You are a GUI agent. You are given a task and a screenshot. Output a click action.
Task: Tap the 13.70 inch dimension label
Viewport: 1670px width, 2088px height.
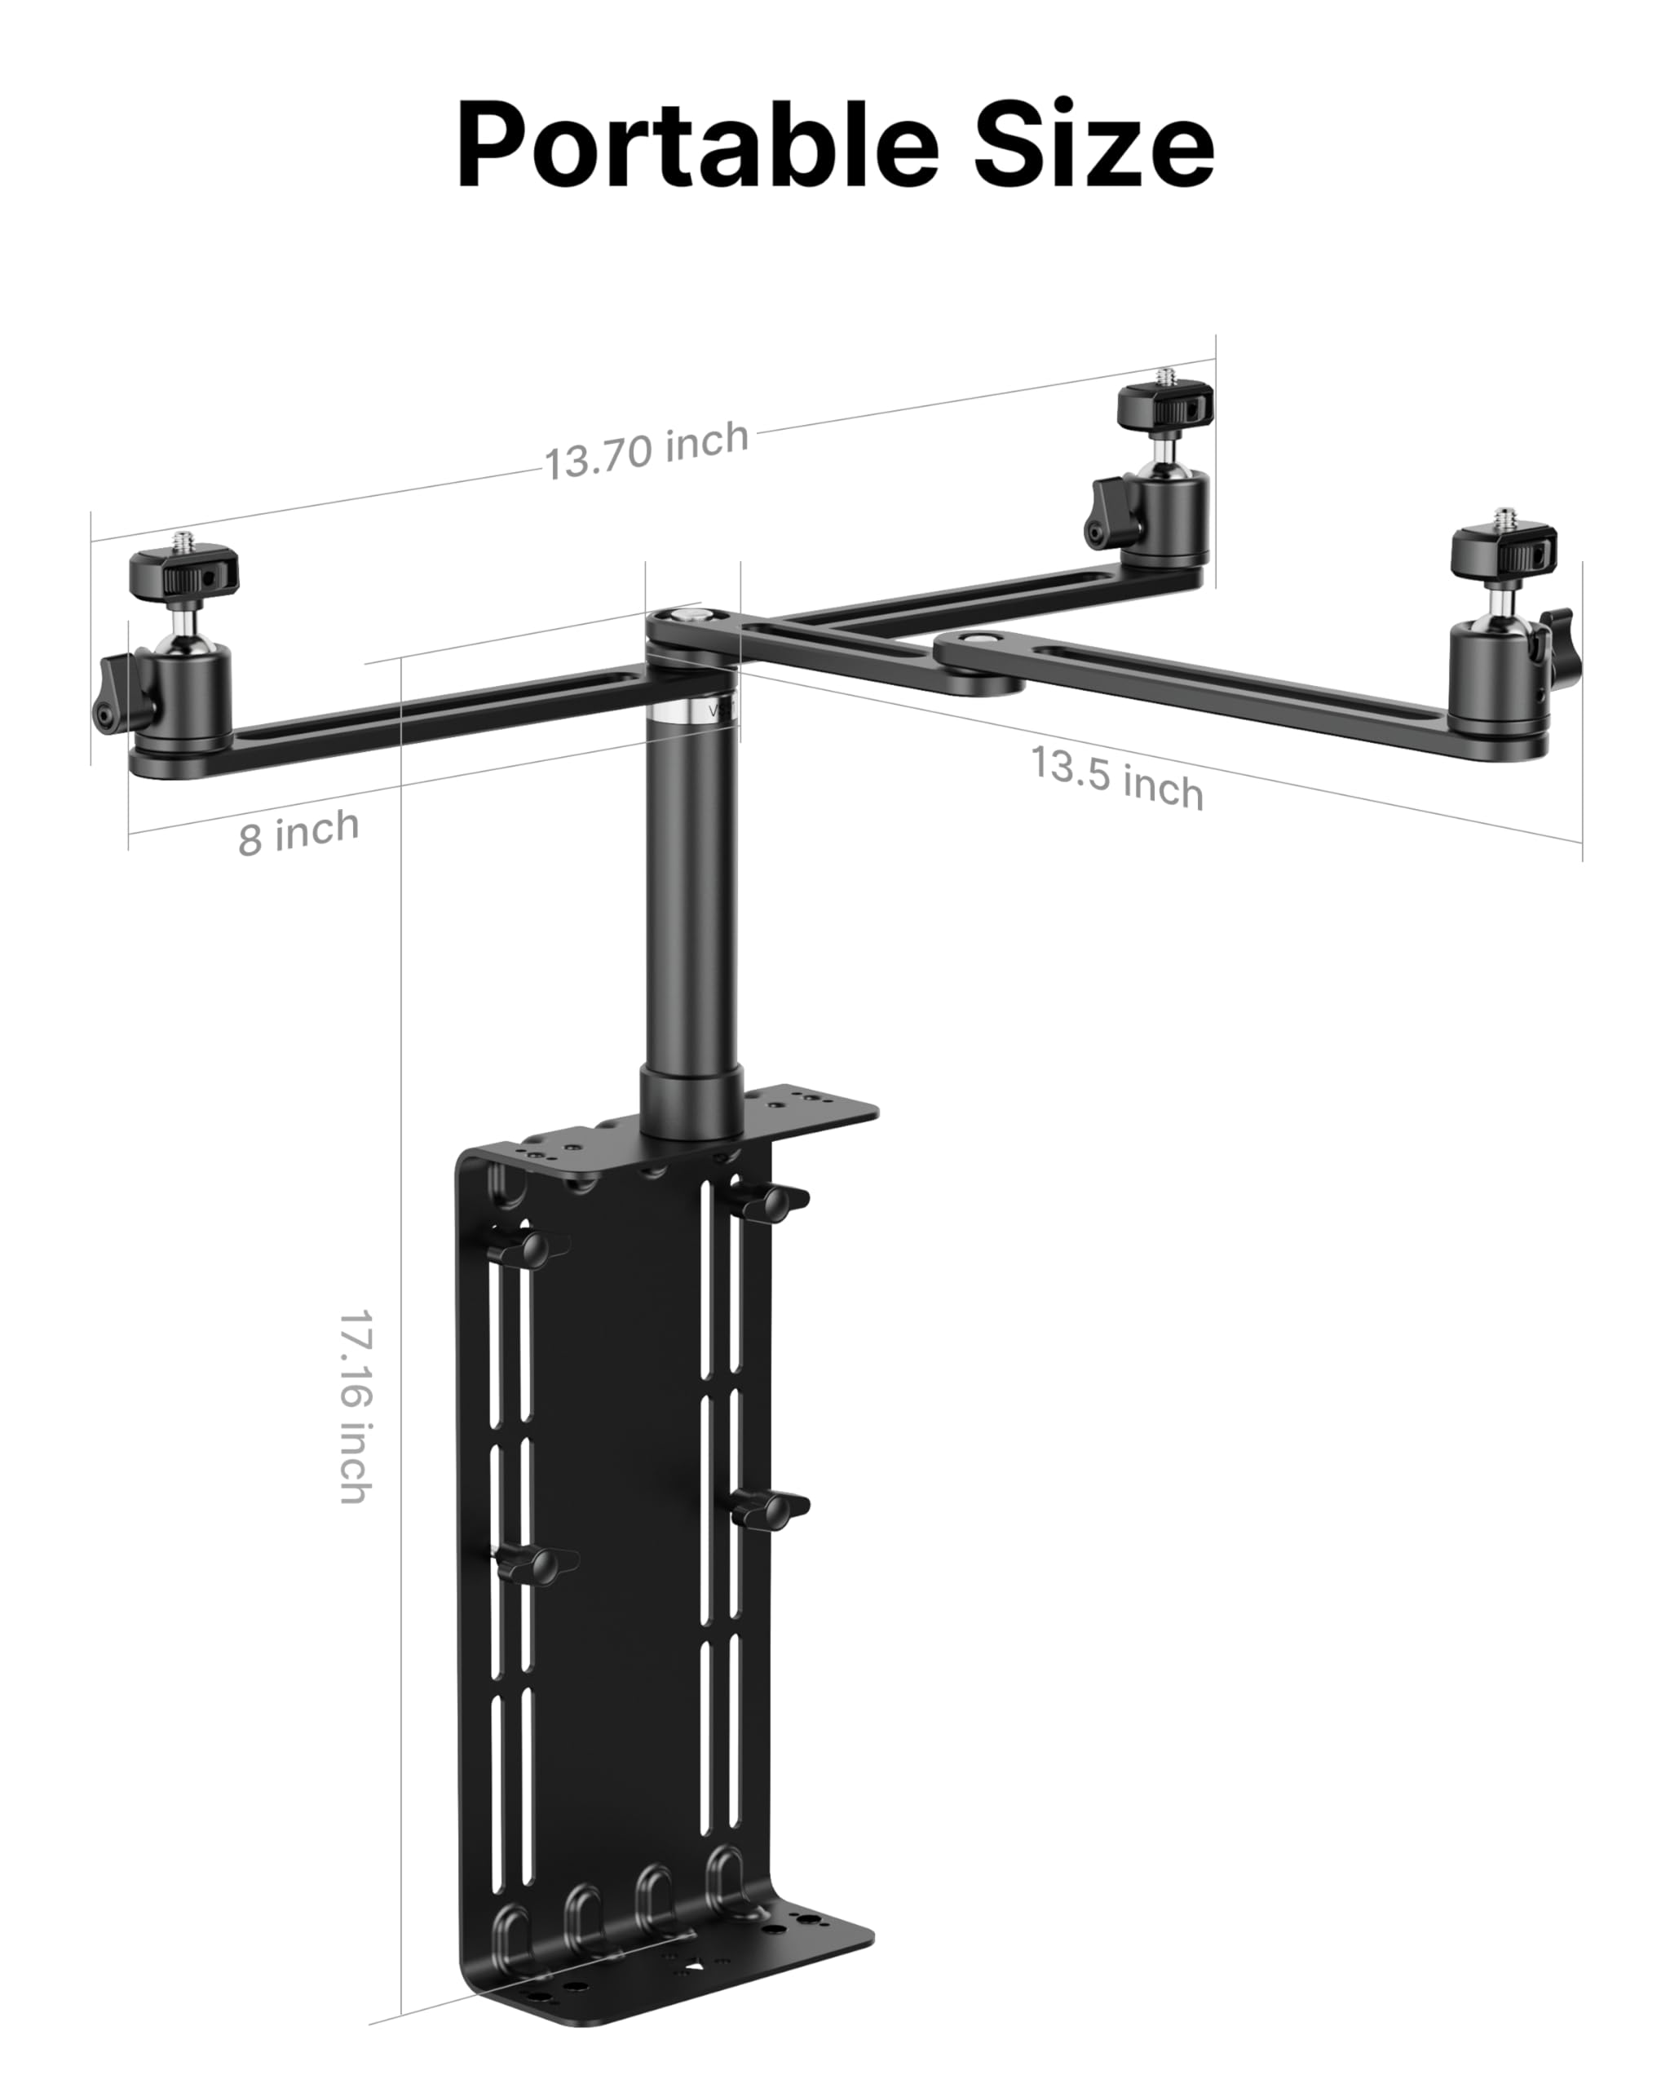pos(646,450)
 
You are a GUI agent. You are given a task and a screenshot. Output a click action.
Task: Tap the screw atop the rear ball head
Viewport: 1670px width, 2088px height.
pos(1164,375)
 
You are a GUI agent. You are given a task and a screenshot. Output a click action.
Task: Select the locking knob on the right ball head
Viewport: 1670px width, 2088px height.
pos(1557,636)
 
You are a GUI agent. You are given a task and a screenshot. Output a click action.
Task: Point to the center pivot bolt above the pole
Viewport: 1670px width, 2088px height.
pos(687,616)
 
